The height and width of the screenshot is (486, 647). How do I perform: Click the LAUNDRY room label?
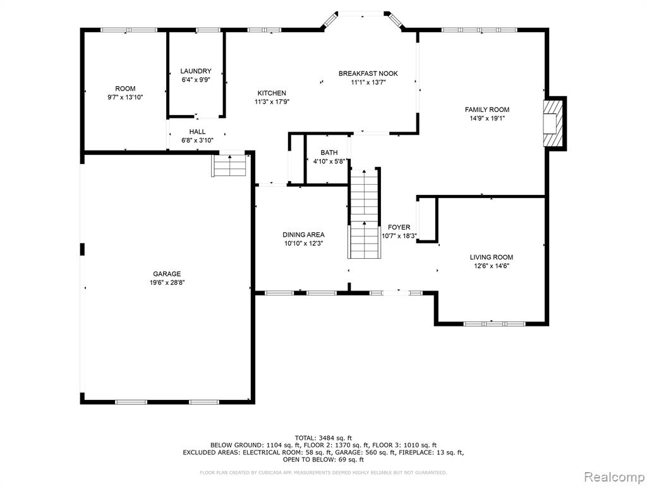point(196,71)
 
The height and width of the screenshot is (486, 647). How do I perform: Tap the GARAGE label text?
point(167,273)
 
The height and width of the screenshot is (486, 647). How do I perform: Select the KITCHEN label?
point(272,93)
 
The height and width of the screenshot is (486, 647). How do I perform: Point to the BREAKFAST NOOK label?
point(368,73)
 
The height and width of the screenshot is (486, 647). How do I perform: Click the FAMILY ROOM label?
point(487,109)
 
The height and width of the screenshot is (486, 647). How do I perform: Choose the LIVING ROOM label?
point(492,257)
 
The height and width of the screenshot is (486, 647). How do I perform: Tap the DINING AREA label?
point(303,235)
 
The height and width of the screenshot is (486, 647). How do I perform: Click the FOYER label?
point(399,227)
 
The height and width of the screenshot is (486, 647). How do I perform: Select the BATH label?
point(329,153)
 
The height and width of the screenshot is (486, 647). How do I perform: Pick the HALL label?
point(197,132)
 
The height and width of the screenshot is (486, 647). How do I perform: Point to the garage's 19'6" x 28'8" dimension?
point(167,283)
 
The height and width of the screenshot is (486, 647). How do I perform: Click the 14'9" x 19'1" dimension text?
point(487,118)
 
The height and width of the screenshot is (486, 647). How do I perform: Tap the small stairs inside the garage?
point(229,165)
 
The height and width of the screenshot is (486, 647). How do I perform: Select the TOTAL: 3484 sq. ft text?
point(323,438)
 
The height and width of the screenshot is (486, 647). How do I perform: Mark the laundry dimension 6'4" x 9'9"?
point(196,80)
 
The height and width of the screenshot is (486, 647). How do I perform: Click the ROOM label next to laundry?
point(125,89)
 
